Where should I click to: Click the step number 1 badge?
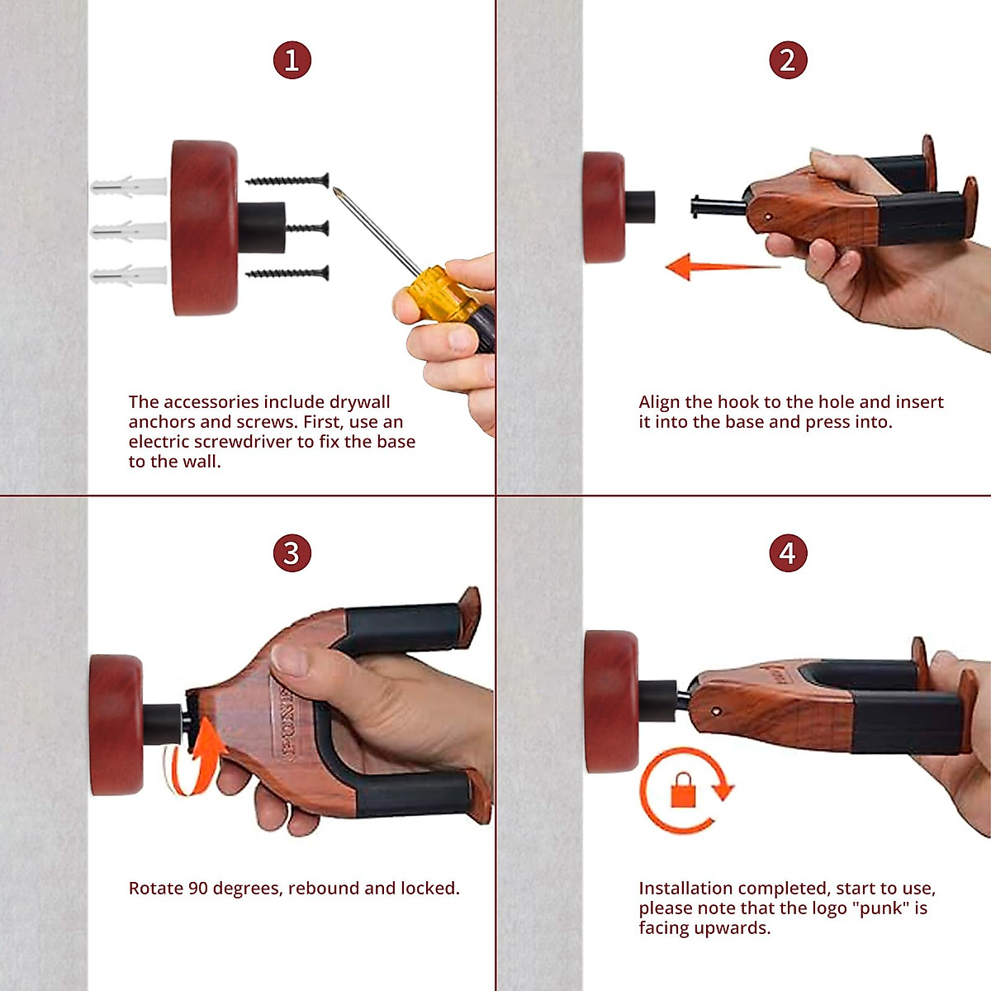[292, 60]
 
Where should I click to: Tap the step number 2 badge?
[788, 60]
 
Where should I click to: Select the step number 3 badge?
[292, 553]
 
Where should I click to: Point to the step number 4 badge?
[788, 553]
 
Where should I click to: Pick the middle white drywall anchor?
[129, 231]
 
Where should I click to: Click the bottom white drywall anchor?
[129, 276]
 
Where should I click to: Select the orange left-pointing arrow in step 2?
[723, 267]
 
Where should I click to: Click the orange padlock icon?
[683, 790]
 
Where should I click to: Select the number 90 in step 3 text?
[198, 889]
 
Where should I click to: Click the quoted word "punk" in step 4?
[881, 908]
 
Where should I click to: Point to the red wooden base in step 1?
[205, 227]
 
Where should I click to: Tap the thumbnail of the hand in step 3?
[288, 659]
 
